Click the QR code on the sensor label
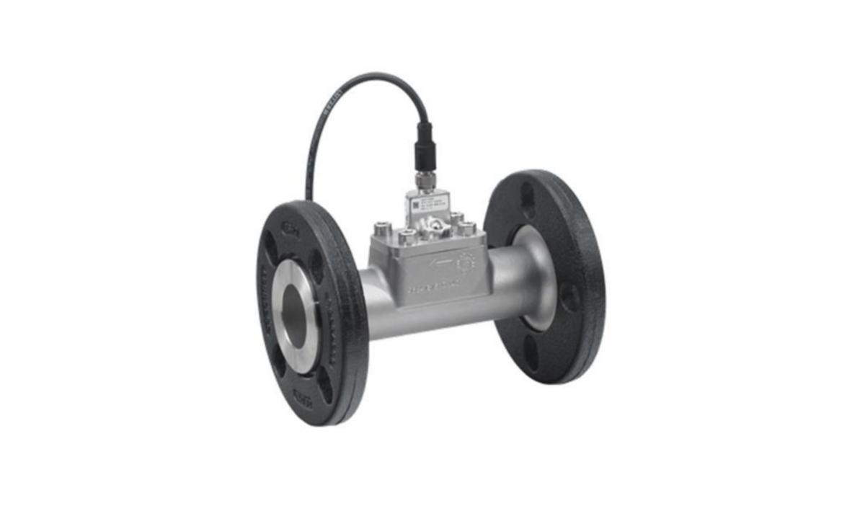click(416, 205)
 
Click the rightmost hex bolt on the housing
click(467, 229)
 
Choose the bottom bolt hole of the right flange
click(533, 353)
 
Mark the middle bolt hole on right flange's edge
click(569, 296)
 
